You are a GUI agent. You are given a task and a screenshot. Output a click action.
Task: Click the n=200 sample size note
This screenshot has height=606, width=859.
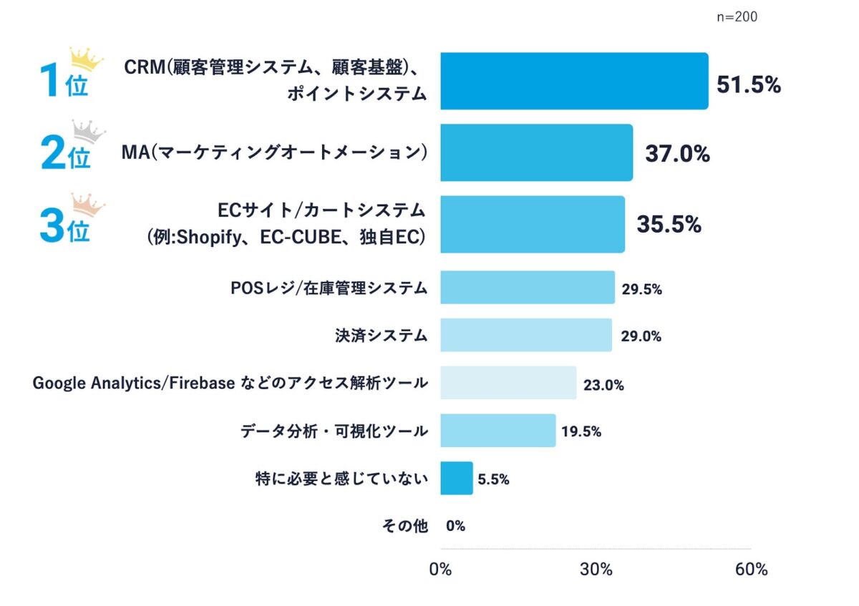(x=737, y=17)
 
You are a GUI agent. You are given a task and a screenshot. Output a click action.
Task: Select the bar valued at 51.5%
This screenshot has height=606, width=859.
(x=574, y=81)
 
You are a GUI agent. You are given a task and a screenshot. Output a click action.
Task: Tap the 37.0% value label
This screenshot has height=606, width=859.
(x=677, y=154)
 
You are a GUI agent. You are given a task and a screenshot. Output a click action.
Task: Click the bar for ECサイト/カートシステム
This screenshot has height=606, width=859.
(x=532, y=225)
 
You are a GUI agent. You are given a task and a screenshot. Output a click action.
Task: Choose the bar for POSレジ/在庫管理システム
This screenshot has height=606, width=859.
(x=527, y=288)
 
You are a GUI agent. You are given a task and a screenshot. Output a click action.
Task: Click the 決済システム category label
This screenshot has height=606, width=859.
(x=381, y=335)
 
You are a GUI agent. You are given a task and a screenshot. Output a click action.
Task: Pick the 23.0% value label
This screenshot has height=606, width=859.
(x=603, y=386)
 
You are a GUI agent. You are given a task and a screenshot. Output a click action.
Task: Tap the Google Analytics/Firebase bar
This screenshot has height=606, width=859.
(x=508, y=383)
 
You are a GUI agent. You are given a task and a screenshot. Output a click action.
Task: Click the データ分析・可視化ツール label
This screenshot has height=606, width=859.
(x=334, y=431)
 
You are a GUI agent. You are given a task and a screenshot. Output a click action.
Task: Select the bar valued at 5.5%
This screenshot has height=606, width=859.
(x=456, y=478)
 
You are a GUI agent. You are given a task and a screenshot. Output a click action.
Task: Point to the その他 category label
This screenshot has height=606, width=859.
(x=405, y=526)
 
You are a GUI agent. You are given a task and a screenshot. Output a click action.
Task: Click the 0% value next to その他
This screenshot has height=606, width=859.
(x=455, y=527)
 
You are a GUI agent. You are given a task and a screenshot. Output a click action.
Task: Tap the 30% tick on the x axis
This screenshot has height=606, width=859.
(x=596, y=570)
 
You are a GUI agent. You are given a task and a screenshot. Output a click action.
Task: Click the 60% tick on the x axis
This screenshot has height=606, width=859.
(x=751, y=570)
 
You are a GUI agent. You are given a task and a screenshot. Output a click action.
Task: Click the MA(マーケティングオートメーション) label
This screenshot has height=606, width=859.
(x=275, y=152)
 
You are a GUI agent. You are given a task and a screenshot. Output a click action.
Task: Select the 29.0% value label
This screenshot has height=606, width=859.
(x=641, y=336)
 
